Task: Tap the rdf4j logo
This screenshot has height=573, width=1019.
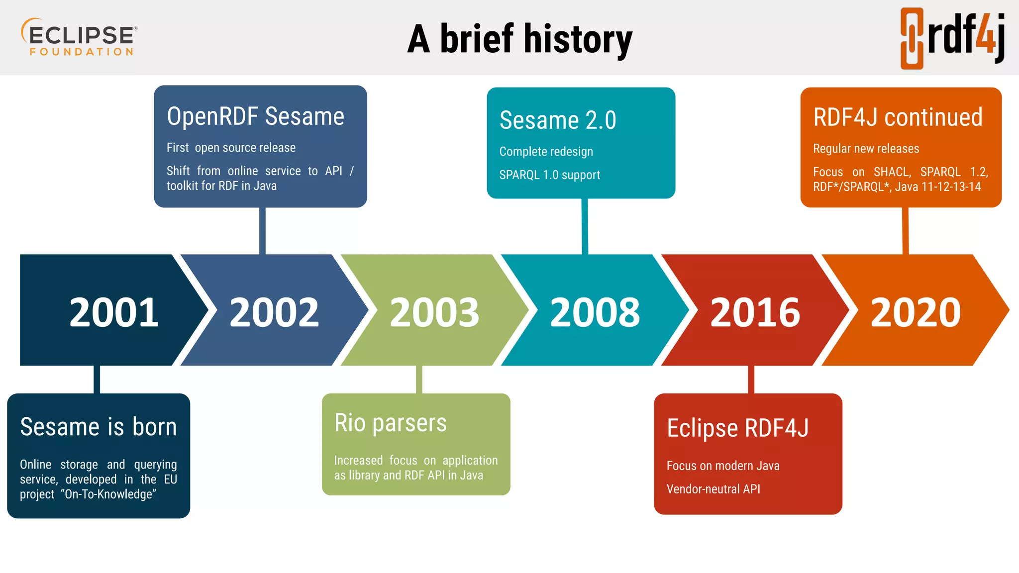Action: (x=952, y=38)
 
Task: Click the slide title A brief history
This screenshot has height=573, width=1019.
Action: (x=519, y=39)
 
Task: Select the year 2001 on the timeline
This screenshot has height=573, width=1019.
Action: (x=114, y=312)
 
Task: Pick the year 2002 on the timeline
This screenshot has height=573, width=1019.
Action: (x=274, y=312)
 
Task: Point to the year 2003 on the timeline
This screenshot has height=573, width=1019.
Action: (x=434, y=312)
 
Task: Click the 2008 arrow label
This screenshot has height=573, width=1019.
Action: (x=595, y=312)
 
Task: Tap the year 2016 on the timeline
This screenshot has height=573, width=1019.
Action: (x=755, y=312)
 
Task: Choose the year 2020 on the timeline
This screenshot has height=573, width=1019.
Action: (x=916, y=312)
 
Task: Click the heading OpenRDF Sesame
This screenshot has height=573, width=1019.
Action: (x=255, y=116)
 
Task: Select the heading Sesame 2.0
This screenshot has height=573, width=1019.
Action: (x=558, y=120)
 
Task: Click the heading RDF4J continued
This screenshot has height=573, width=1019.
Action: (x=898, y=117)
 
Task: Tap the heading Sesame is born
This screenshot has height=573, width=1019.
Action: (x=99, y=427)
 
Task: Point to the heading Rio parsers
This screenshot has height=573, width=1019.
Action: (x=391, y=423)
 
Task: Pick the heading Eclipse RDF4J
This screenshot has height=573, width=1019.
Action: (x=738, y=428)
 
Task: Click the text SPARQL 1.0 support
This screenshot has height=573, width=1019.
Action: (x=549, y=175)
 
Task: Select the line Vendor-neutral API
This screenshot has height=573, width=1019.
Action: (x=713, y=489)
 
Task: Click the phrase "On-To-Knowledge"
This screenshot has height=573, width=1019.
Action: (x=110, y=494)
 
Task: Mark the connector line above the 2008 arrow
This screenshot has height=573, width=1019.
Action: (x=585, y=226)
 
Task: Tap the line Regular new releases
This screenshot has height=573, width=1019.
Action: (x=866, y=149)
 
